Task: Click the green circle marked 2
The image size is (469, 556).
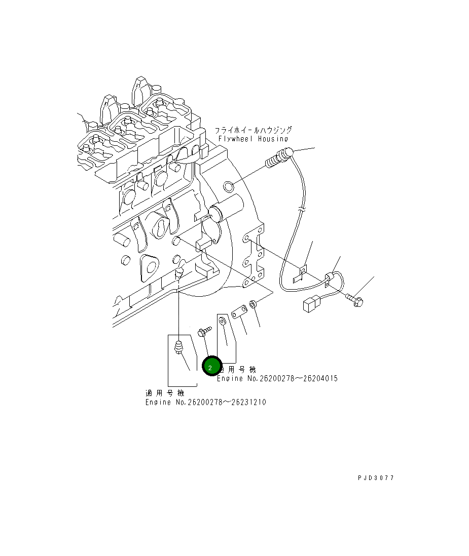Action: (x=211, y=367)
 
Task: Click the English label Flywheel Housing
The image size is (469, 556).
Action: (x=253, y=139)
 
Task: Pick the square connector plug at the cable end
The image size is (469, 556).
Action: (x=310, y=304)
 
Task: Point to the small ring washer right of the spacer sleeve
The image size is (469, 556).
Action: (x=254, y=305)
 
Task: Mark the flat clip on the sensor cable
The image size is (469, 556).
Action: (x=300, y=274)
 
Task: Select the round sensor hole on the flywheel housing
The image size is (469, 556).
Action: (x=229, y=187)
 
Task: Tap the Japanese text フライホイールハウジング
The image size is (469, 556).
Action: (x=253, y=130)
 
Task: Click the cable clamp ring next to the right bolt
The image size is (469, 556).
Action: (x=331, y=278)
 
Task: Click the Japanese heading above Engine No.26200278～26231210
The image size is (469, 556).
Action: (x=164, y=393)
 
